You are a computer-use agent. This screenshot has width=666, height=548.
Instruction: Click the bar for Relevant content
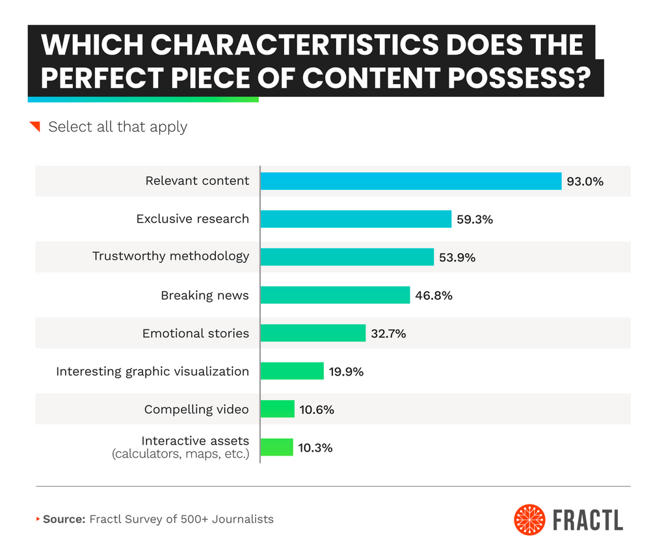click(410, 181)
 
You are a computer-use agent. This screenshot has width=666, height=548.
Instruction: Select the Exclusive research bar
click(356, 219)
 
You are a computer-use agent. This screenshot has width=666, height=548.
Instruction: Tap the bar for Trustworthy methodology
click(347, 257)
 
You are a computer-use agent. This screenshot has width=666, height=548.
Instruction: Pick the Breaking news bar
click(335, 295)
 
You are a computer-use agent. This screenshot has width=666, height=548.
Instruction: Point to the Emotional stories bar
click(313, 333)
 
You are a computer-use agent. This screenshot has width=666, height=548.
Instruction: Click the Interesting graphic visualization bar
click(292, 372)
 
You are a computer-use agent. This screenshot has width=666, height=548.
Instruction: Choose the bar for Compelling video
click(277, 409)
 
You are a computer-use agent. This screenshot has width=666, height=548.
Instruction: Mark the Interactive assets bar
click(276, 448)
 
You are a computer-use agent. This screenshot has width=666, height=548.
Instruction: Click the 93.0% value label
click(585, 182)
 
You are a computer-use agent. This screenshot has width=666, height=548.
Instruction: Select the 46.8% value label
click(434, 295)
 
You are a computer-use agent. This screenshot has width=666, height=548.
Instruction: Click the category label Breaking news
click(205, 295)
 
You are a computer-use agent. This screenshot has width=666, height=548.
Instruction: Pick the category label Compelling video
click(196, 409)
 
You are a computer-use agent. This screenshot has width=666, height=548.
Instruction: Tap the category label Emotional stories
click(196, 333)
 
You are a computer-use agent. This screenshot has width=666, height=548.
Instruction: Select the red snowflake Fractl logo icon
click(529, 519)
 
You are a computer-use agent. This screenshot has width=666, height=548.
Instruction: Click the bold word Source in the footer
click(63, 519)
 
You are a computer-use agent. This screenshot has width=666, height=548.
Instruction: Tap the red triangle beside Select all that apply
click(36, 126)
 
